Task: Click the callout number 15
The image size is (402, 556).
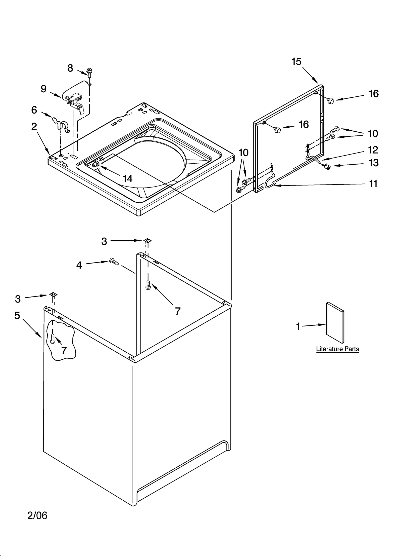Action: [x=296, y=62]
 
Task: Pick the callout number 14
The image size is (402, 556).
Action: [x=127, y=179]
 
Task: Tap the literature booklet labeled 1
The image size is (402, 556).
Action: [x=335, y=322]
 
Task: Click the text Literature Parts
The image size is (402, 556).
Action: [x=337, y=349]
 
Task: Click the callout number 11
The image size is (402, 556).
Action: [x=373, y=184]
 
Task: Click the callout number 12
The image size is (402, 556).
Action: [x=373, y=150]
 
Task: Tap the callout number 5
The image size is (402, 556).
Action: [x=17, y=315]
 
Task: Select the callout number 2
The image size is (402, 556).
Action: [x=34, y=127]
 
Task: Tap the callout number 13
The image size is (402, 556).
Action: [x=373, y=163]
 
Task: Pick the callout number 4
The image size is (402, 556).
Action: [x=79, y=265]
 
